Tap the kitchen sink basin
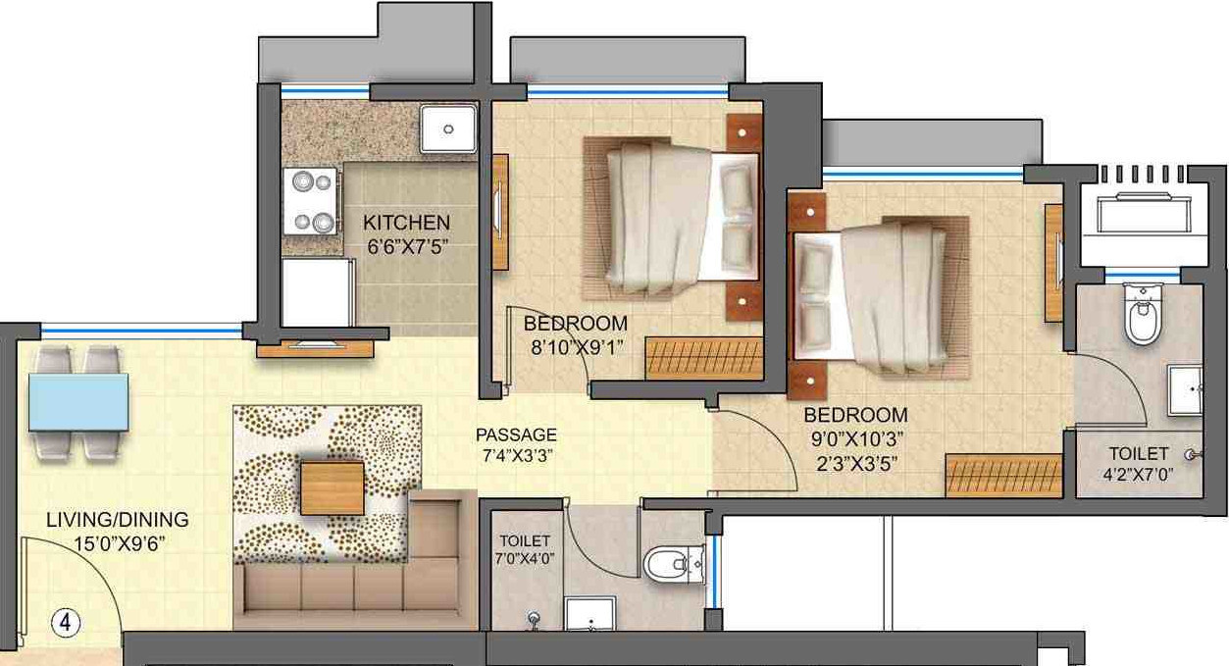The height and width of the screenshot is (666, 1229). point(449,128)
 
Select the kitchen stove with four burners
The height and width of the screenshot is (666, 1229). point(311,201)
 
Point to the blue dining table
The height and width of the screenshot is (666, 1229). point(78,401)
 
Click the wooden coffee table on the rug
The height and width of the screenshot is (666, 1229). point(332,487)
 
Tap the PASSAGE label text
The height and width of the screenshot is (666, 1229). point(516,435)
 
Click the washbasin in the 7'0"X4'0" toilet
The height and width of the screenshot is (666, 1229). point(590,614)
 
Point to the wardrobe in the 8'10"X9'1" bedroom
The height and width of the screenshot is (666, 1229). point(703,358)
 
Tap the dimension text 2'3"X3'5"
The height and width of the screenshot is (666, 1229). point(854,461)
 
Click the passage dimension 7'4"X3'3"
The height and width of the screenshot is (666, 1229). point(516,456)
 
